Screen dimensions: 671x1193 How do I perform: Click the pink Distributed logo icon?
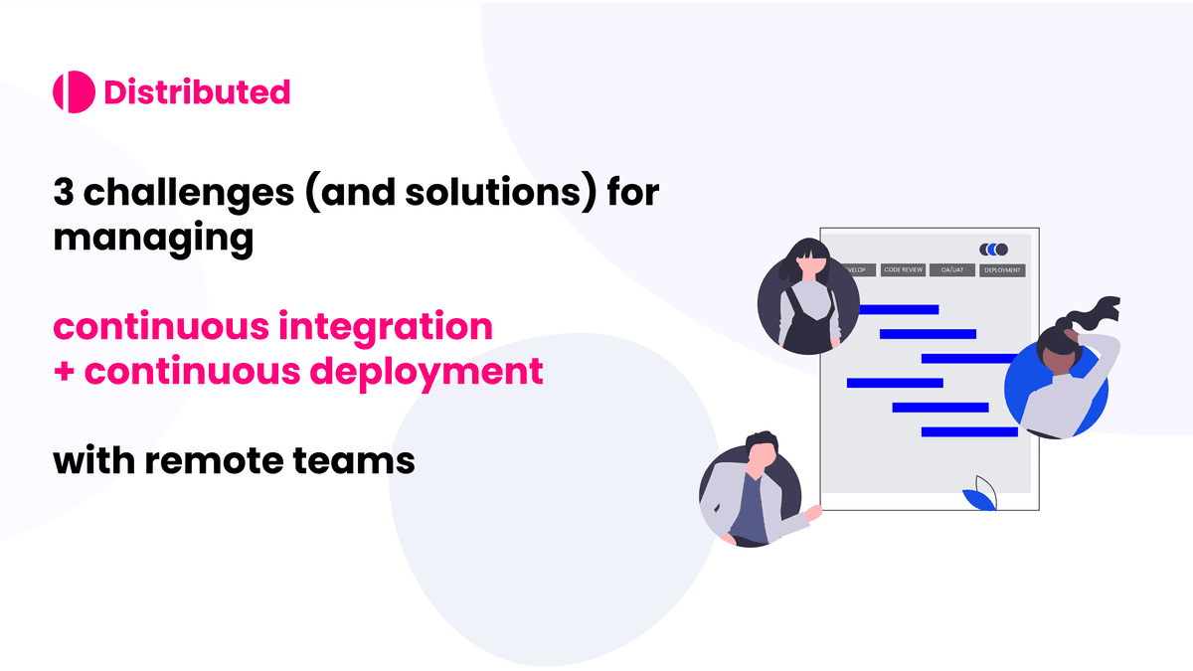[x=74, y=92]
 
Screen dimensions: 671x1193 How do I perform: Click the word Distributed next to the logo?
[x=197, y=92]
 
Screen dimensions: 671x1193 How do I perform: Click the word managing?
[x=152, y=240]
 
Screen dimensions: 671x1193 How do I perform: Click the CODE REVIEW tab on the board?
[x=904, y=270]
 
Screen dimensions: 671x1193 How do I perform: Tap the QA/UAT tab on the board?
[x=951, y=270]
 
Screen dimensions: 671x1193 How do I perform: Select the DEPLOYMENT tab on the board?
[x=1002, y=270]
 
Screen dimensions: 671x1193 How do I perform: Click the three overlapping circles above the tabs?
[x=993, y=250]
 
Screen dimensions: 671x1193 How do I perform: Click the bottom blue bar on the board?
[x=969, y=431]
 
